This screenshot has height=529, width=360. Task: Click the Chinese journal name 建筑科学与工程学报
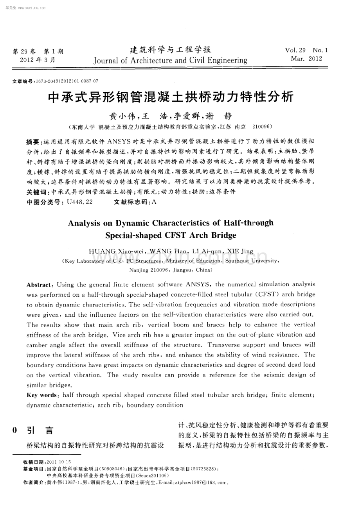coord(170,50)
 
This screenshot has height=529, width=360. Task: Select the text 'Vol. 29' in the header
coord(295,50)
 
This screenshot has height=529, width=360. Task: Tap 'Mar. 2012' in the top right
coord(306,59)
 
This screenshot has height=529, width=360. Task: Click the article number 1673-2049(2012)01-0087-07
coord(67,81)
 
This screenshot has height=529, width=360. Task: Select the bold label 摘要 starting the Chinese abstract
coord(32,142)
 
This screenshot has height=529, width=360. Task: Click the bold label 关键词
coord(36,192)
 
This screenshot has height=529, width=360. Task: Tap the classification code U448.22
coord(80,202)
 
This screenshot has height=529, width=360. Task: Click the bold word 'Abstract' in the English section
coord(39,285)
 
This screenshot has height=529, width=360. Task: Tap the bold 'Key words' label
coord(42,395)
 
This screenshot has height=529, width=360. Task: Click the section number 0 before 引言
coord(15,430)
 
